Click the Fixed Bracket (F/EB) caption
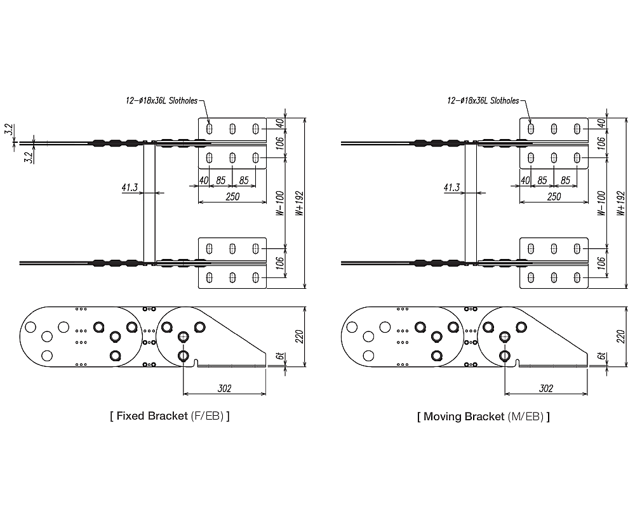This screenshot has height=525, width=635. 170,416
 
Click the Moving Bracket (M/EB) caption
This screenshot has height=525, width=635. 483,416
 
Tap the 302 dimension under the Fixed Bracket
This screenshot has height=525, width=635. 224,389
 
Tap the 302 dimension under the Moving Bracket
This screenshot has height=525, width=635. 545,389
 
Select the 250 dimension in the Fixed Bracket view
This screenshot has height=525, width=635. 232,197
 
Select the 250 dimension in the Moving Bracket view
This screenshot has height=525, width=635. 554,197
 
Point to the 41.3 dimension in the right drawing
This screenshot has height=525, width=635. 451,188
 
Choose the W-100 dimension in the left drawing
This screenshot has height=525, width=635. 280,204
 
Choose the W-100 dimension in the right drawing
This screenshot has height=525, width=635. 601,204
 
